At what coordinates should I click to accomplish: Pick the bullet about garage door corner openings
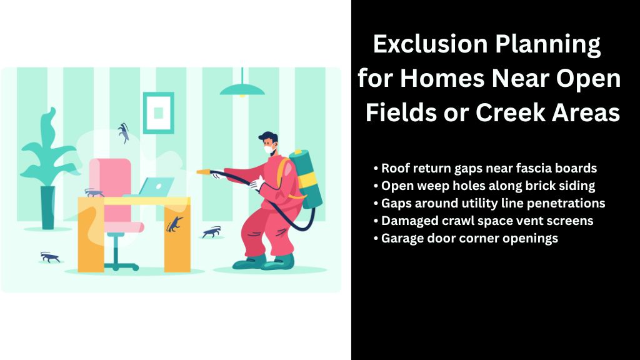tap(465, 238)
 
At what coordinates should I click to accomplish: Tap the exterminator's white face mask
tap(269, 150)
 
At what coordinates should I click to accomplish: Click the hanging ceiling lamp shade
tap(242, 90)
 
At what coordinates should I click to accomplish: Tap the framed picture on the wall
tap(158, 112)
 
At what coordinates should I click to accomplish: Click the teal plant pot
tap(47, 207)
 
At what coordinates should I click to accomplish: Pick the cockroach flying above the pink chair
tap(124, 132)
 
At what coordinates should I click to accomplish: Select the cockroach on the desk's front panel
tap(175, 223)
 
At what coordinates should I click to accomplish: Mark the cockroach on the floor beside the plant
tap(50, 256)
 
